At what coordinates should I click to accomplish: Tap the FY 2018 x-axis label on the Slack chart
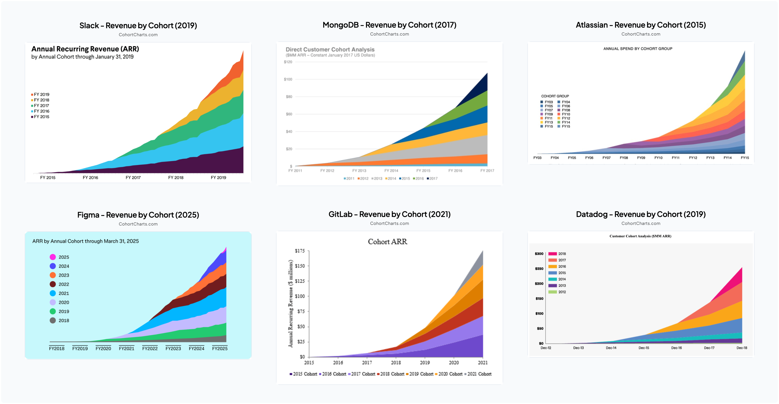[176, 178]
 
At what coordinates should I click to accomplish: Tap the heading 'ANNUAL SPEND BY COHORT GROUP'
[638, 49]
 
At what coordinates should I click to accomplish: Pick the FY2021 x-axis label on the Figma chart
[126, 348]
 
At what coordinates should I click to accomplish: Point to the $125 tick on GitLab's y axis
[300, 281]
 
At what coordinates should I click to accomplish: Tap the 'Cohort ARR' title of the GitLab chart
[387, 242]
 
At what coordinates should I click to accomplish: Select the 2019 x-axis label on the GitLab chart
[425, 363]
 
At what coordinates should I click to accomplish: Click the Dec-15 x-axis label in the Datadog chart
[644, 348]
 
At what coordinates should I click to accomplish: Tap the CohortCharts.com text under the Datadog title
[641, 223]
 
